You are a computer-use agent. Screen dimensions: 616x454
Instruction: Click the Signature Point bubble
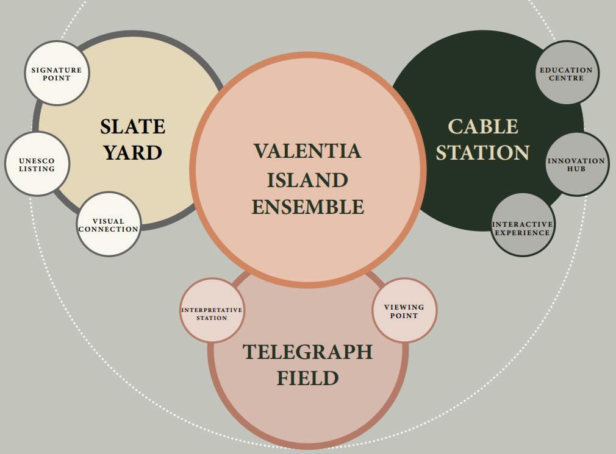pyautogui.click(x=56, y=73)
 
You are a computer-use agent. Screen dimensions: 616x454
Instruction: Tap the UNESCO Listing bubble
pyautogui.click(x=37, y=164)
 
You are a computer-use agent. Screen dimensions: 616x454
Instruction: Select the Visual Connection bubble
pyautogui.click(x=109, y=224)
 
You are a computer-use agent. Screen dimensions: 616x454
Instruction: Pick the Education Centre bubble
pyautogui.click(x=566, y=73)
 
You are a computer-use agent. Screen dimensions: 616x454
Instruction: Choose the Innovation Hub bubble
pyautogui.click(x=576, y=164)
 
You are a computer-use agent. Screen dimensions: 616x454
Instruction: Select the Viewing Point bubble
pyautogui.click(x=404, y=310)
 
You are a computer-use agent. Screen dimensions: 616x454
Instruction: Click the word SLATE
pyautogui.click(x=132, y=127)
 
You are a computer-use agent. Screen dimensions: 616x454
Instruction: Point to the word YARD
pyautogui.click(x=132, y=153)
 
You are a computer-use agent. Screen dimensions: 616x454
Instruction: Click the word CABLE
pyautogui.click(x=483, y=127)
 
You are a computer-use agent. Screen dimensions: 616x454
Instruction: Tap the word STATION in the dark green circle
pyautogui.click(x=483, y=152)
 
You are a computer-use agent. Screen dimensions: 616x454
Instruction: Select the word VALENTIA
pyautogui.click(x=307, y=151)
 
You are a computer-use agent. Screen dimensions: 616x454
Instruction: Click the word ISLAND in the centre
pyautogui.click(x=307, y=180)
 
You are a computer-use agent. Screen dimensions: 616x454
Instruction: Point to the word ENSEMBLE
pyautogui.click(x=307, y=207)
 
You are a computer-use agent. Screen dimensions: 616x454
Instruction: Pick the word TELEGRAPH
pyautogui.click(x=307, y=352)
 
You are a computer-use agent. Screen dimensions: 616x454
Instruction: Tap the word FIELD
pyautogui.click(x=307, y=378)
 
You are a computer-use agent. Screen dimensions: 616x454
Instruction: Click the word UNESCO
pyautogui.click(x=37, y=161)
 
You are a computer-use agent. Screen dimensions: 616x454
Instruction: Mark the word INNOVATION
pyautogui.click(x=576, y=161)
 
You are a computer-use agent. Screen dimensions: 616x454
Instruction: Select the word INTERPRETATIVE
pyautogui.click(x=212, y=310)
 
